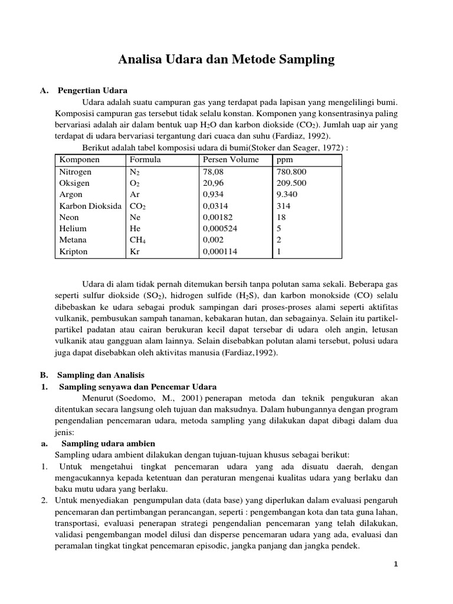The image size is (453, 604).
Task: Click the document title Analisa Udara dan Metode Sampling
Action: coord(226,60)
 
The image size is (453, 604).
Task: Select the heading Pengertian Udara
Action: coord(93,90)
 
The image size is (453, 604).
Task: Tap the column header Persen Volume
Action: coord(231,160)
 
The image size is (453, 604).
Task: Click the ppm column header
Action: coord(284,160)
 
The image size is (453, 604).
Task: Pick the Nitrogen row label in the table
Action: coord(75,172)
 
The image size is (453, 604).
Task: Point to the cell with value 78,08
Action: coord(214,172)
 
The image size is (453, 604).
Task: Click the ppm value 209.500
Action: coord(291,183)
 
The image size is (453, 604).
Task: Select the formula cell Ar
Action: coord(134,195)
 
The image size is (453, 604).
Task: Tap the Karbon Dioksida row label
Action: coord(90,206)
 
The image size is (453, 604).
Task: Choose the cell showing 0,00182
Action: coord(218,217)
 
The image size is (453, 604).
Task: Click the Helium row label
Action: coord(73,228)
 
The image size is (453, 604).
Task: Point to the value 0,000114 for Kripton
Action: coord(220,251)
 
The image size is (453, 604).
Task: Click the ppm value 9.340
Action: coord(287,195)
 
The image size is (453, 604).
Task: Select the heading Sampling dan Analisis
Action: coord(100,375)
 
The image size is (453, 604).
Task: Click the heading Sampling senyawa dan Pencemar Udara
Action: coord(138,387)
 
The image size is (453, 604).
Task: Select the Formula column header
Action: coord(145,160)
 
